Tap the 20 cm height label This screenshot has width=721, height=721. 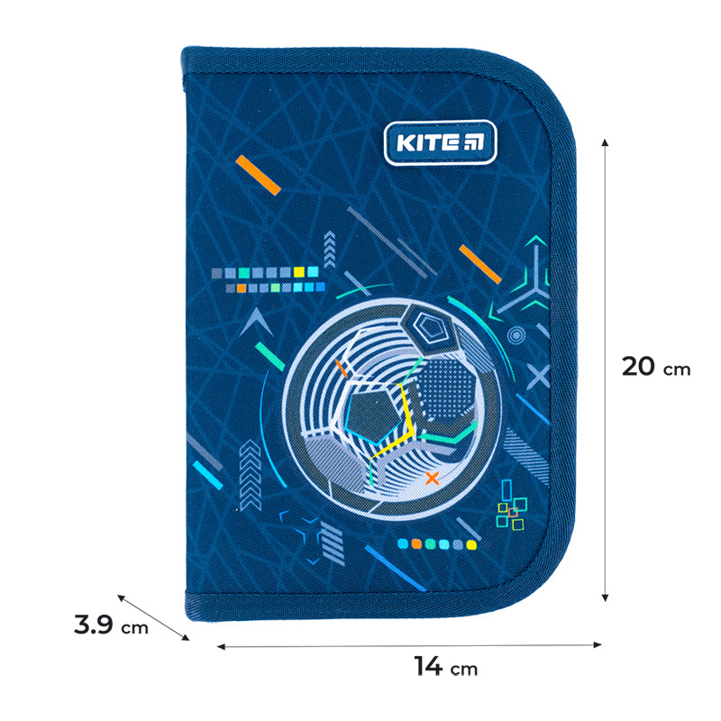pyautogui.click(x=655, y=368)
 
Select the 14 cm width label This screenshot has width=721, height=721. pyautogui.click(x=444, y=667)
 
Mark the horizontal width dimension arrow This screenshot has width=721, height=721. pyautogui.click(x=409, y=644)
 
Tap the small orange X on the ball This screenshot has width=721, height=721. pyautogui.click(x=433, y=478)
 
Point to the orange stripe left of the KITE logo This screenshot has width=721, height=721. pyautogui.click(x=260, y=174)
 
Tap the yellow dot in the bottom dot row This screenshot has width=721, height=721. pyautogui.click(x=470, y=544)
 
